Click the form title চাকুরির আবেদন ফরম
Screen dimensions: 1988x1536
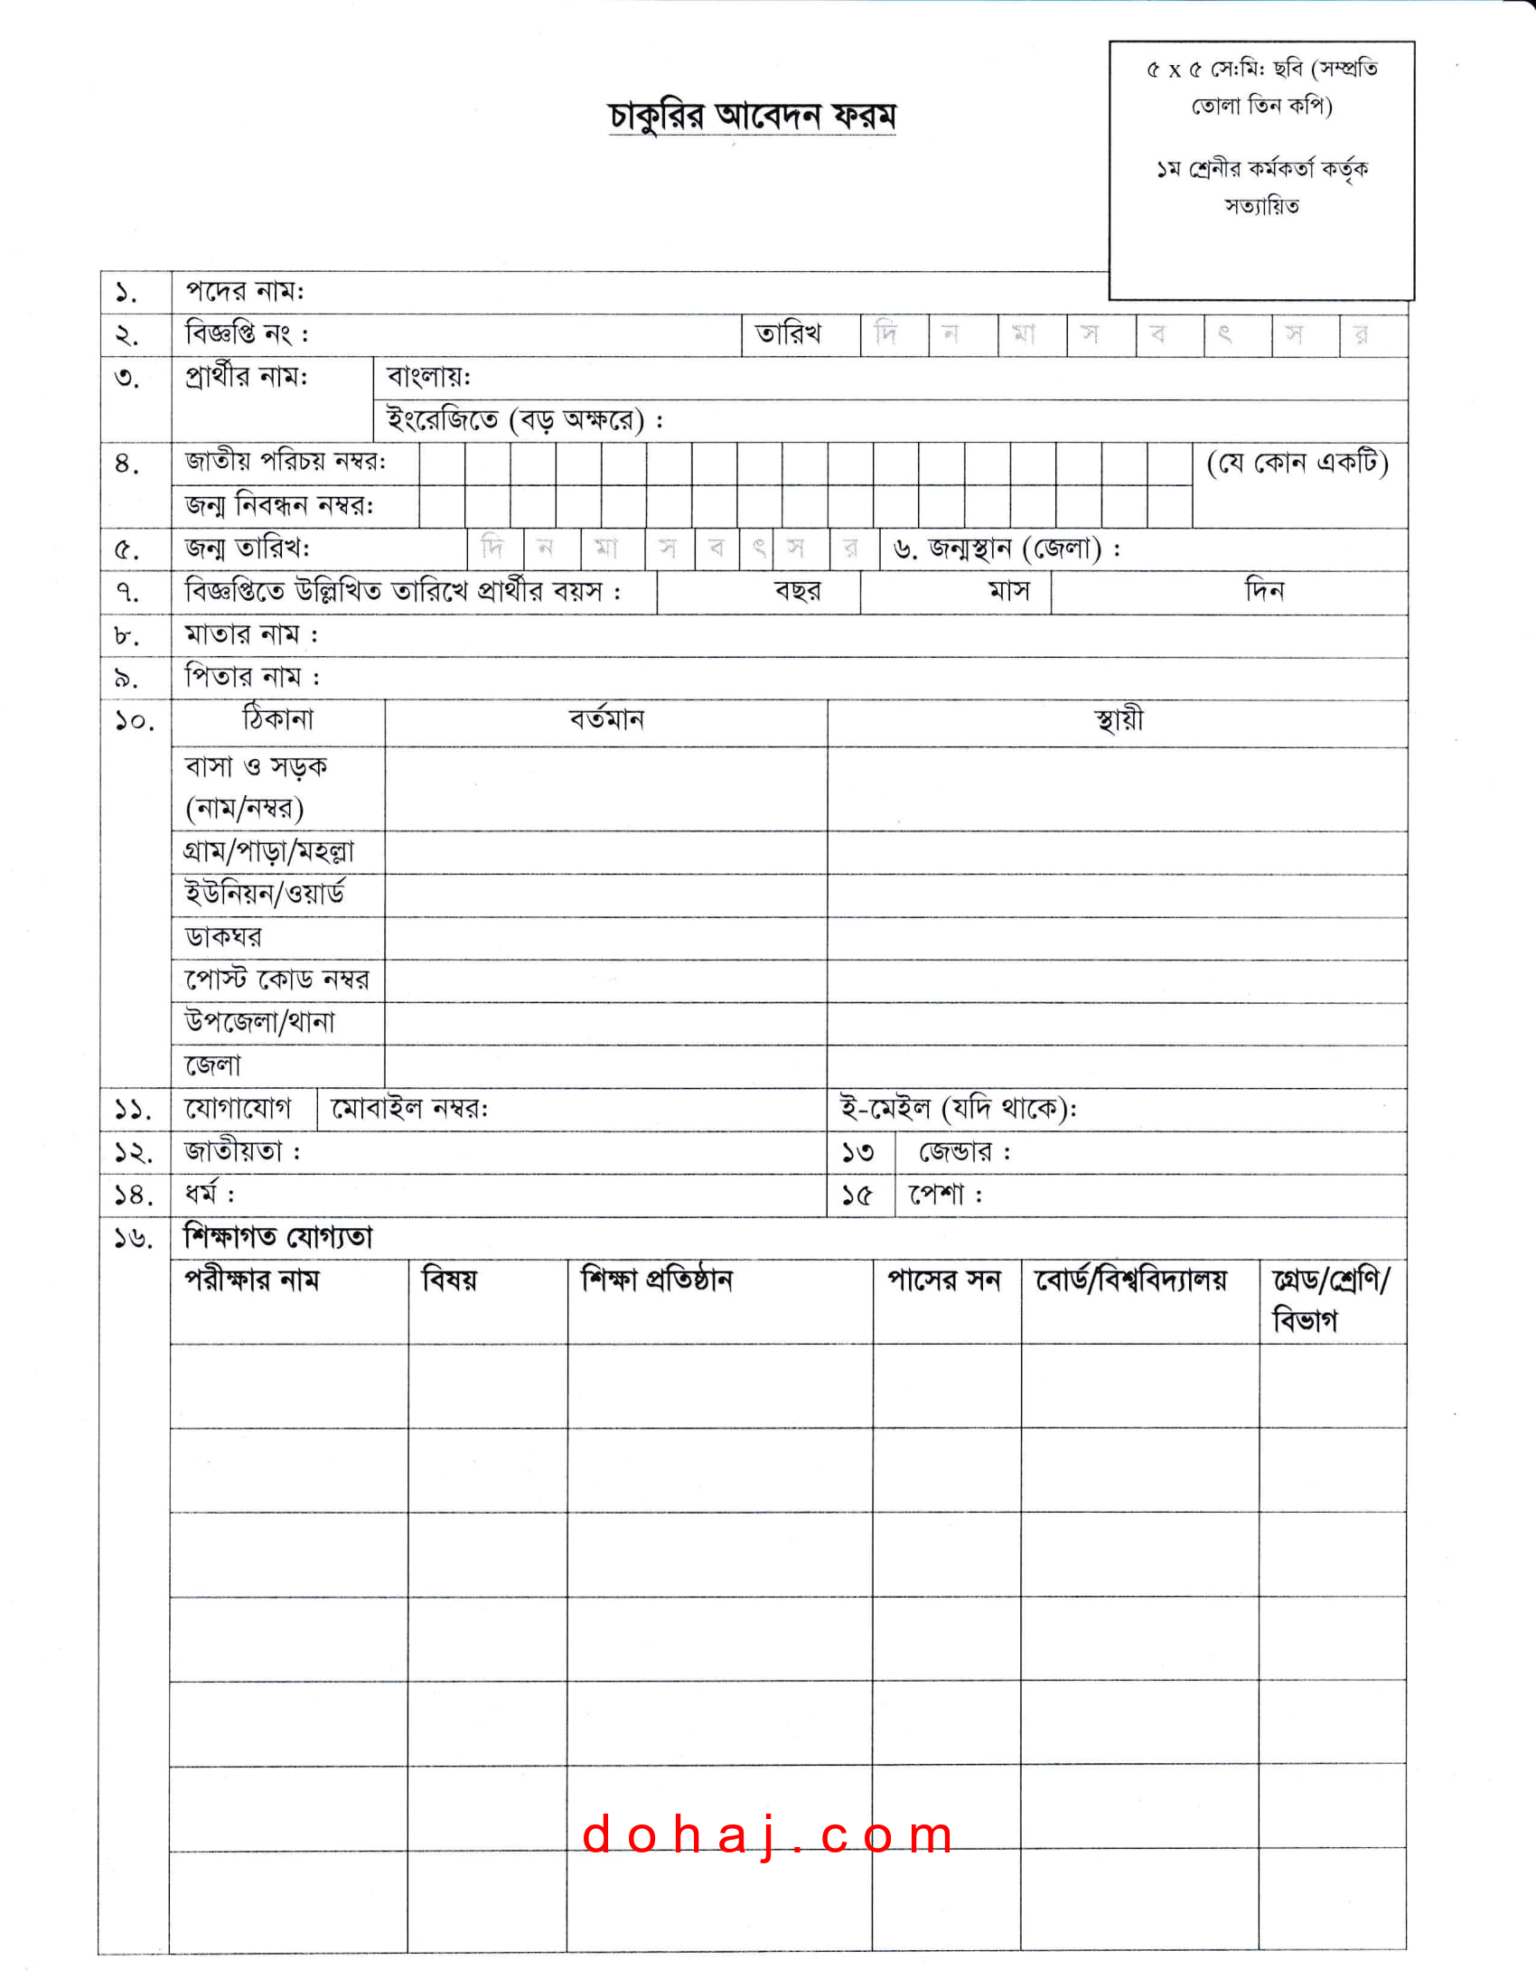pos(752,117)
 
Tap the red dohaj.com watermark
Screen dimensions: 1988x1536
pos(768,1834)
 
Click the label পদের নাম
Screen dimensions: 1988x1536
pos(245,291)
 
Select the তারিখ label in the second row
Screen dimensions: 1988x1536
pos(788,334)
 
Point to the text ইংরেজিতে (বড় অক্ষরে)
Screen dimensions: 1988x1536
pos(524,419)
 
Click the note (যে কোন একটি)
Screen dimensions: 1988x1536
pos(1297,464)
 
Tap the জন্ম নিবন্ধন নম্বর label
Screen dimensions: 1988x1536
pos(279,505)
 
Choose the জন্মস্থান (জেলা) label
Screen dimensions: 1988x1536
pos(1007,549)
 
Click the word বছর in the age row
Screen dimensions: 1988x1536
pos(797,592)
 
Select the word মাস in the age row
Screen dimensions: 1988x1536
pos(1009,592)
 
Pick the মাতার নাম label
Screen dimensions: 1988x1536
pos(252,634)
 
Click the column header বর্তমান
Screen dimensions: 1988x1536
pos(606,720)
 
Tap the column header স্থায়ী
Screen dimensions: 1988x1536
pos(1119,720)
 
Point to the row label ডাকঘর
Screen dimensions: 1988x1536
pos(224,937)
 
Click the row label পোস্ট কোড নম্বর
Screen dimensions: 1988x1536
pos(277,980)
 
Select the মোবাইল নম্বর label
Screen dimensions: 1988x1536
pos(409,1109)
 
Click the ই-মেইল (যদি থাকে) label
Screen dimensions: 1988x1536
pos(958,1109)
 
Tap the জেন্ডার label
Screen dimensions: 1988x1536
pos(965,1152)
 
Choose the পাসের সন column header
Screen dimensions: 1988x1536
pos(944,1280)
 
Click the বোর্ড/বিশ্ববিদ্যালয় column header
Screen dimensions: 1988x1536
pos(1131,1280)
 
